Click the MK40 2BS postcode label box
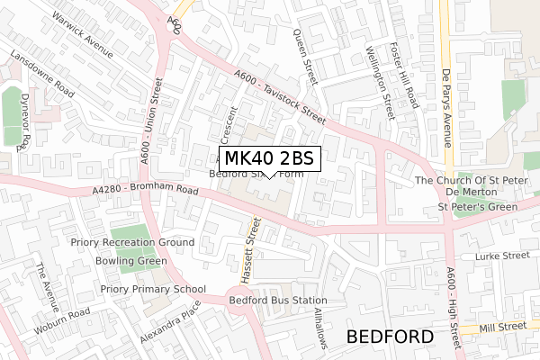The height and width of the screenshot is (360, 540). point(269,158)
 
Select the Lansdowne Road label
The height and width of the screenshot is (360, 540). point(41,75)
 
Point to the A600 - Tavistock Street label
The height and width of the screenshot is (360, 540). point(279,100)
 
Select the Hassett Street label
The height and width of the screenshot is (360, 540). point(254,247)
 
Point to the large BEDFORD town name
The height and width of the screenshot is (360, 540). point(390,337)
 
